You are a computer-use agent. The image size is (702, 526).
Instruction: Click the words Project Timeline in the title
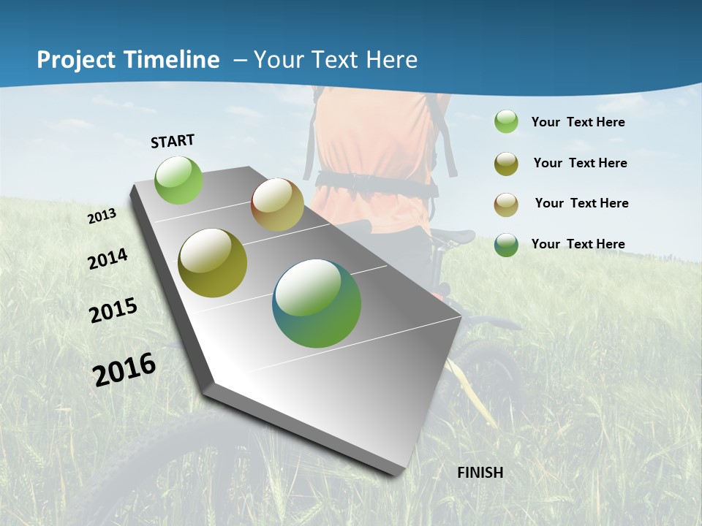128,60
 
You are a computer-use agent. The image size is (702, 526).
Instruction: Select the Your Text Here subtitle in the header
335,60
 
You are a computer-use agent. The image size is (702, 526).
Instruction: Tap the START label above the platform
173,141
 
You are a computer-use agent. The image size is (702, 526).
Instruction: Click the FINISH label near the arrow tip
480,473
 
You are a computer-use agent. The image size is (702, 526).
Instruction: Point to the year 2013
102,216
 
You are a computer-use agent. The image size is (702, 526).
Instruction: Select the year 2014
108,259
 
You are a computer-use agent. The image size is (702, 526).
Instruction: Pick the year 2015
113,310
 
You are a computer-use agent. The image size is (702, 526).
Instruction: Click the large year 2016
124,369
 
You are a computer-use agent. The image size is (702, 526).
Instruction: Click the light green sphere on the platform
179,180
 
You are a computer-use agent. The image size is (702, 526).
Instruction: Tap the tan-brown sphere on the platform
277,205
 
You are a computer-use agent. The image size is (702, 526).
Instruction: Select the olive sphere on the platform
213,263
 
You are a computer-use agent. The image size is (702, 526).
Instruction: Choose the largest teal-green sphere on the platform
317,303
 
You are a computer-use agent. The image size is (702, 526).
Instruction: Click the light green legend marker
506,122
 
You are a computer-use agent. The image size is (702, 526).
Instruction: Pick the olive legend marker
506,164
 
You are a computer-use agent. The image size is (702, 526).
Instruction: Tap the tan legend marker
506,204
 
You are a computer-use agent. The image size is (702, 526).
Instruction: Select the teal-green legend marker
506,244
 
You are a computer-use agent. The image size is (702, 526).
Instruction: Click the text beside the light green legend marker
578,122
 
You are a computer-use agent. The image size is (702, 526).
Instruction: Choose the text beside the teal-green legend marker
578,244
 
